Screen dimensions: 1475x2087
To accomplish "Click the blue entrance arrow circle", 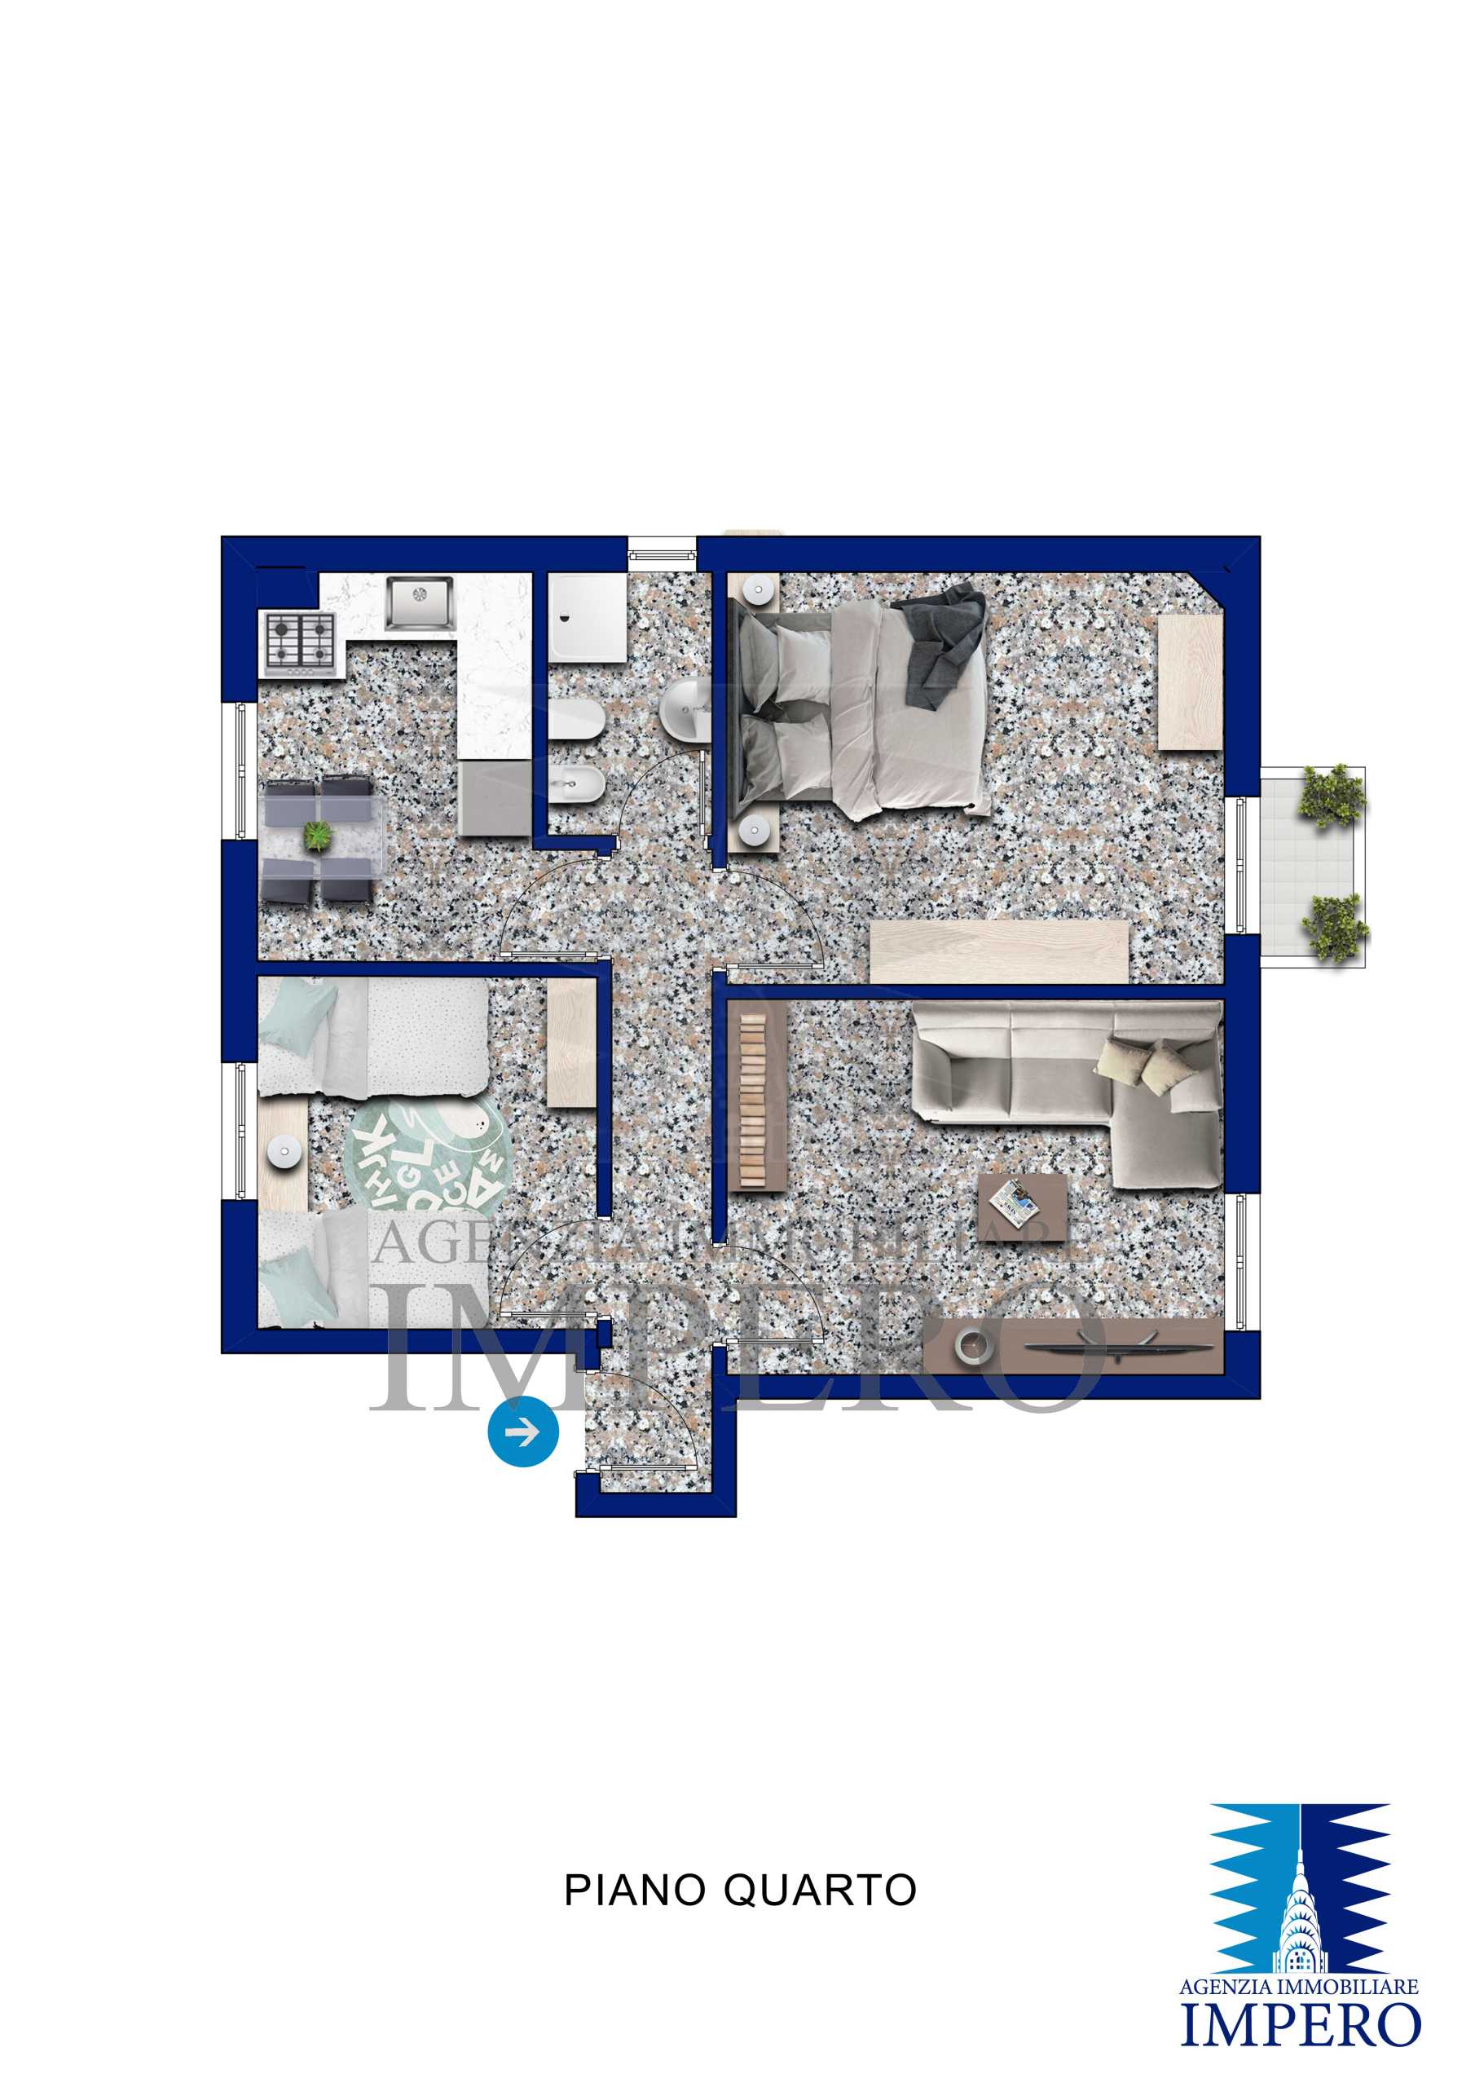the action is [x=522, y=1432].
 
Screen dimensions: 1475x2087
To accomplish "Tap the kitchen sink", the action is [x=419, y=602].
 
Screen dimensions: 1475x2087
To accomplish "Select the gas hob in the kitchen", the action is [x=300, y=642].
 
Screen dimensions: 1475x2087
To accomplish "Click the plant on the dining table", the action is [x=317, y=836].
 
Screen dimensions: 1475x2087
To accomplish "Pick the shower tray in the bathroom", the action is [x=587, y=617].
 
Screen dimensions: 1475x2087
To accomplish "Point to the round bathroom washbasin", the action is [x=686, y=709].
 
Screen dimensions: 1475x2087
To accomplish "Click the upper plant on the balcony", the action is [x=1332, y=796].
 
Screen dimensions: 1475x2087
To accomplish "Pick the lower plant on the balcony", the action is [x=1334, y=927].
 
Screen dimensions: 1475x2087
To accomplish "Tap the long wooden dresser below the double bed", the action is [x=999, y=951].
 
